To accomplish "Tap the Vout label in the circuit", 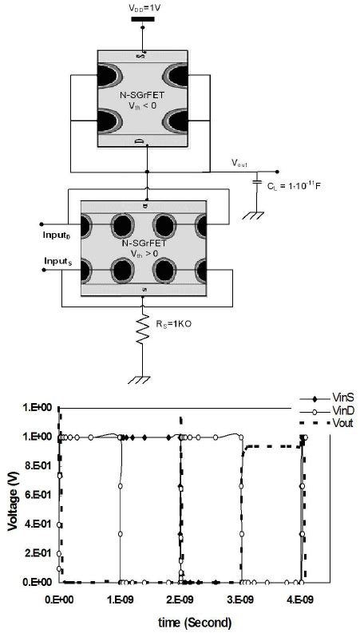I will pos(239,164).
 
